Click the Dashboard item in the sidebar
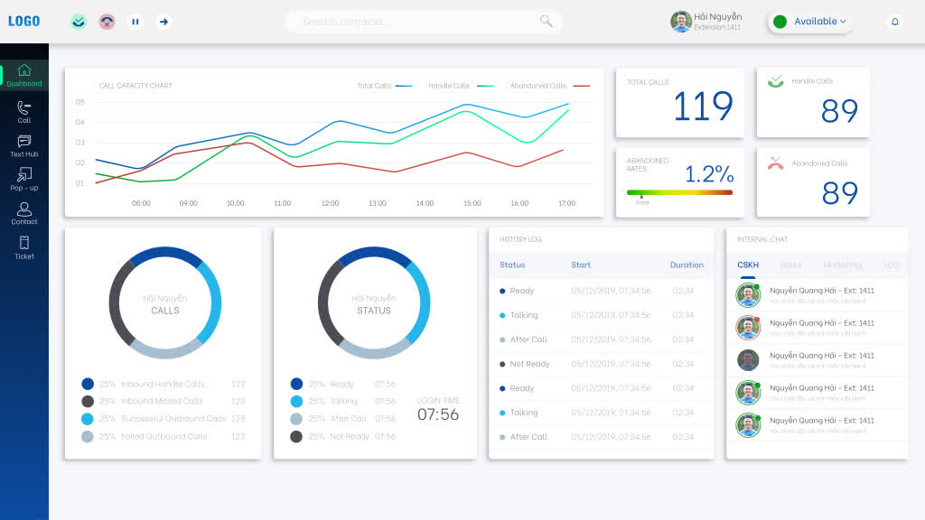coord(24,75)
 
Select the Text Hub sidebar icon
coord(24,144)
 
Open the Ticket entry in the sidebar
coord(24,246)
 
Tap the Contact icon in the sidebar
coord(24,212)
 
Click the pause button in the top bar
coord(135,22)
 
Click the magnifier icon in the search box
coord(546,21)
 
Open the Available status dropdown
coord(810,22)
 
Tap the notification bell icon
coord(894,22)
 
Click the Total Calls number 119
coord(703,107)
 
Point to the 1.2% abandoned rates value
coord(708,174)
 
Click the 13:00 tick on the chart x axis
coord(378,203)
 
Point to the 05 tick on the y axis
coord(80,102)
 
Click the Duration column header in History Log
coord(687,265)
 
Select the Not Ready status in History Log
coord(529,364)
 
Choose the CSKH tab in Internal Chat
coord(748,265)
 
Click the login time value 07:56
coord(438,415)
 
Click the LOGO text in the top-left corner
coord(24,22)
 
